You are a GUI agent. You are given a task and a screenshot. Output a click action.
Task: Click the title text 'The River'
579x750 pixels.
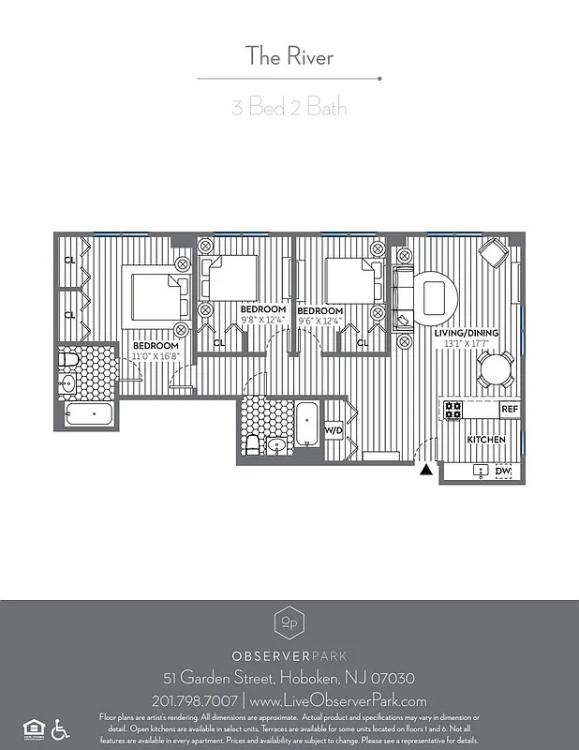coord(289,56)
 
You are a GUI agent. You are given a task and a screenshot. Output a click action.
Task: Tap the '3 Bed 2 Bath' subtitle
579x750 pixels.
coord(289,107)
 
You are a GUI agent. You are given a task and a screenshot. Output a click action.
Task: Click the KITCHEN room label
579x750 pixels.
coord(486,440)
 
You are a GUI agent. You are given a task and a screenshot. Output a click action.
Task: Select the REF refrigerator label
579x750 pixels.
coord(509,410)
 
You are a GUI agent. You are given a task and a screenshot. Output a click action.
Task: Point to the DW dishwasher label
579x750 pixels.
coord(503,471)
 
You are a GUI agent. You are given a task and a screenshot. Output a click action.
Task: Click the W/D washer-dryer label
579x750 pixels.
coord(334,430)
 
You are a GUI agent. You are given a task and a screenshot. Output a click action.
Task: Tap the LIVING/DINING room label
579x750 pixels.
coord(467,333)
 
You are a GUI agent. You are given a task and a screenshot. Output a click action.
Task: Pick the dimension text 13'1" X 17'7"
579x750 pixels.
coord(467,344)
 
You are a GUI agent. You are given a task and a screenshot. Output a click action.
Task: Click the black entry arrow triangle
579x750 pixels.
coord(426,471)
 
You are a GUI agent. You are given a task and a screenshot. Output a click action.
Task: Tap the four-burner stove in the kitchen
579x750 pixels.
coord(453,410)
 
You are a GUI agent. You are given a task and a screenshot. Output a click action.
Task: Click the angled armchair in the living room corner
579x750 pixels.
coord(493,253)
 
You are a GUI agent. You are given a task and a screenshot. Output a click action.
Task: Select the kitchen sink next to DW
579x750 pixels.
coord(481,471)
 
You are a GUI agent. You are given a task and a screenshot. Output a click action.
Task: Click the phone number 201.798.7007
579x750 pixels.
coord(194,700)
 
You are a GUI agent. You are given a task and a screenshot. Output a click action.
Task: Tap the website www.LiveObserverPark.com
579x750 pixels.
coord(339,700)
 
